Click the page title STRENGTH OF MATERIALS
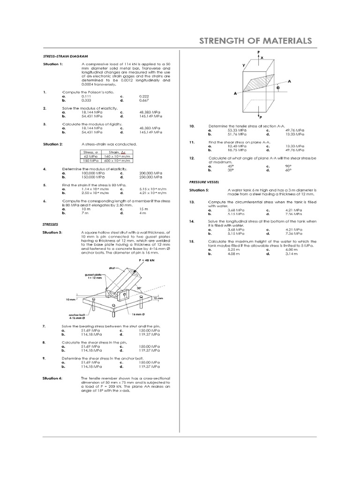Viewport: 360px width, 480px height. (255, 41)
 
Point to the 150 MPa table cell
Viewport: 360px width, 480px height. (90, 160)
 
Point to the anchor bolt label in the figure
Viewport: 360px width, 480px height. (76, 315)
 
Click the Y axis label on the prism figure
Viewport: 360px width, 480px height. (243, 66)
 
